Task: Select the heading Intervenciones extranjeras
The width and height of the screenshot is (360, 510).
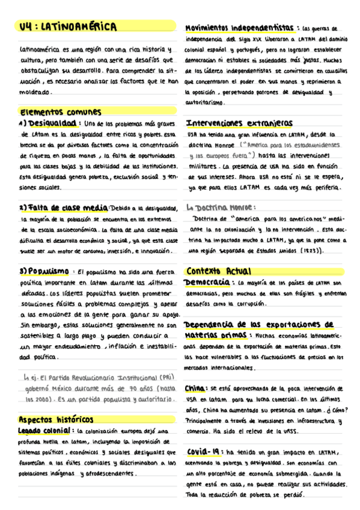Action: (x=239, y=124)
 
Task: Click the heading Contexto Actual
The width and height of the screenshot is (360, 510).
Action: (x=219, y=271)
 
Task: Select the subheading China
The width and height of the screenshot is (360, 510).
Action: (x=196, y=388)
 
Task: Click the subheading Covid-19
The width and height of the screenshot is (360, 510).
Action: (x=205, y=452)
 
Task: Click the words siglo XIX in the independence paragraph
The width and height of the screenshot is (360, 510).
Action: (x=247, y=38)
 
